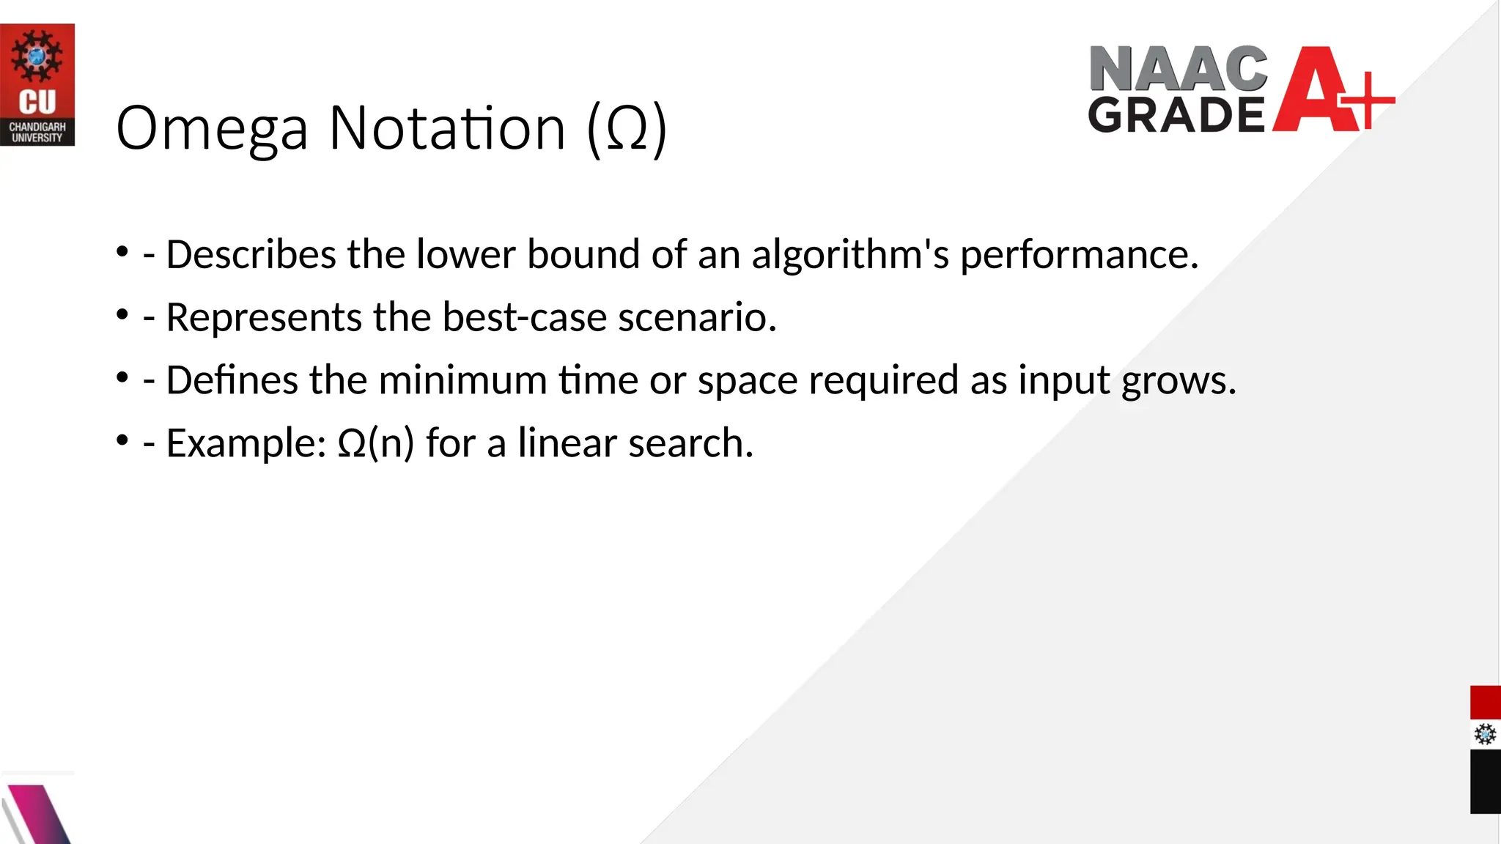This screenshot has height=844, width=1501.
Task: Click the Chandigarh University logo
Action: coord(37,84)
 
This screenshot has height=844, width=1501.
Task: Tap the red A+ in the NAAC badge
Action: coord(1330,90)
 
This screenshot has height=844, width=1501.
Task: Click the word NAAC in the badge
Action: coord(1178,69)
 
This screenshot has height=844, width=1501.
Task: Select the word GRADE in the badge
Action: coord(1176,115)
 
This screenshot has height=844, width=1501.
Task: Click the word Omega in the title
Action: coord(212,129)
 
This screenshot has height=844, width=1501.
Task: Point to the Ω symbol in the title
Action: coord(627,129)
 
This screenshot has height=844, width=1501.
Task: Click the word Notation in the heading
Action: coord(447,129)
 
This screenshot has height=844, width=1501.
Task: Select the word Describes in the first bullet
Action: coord(251,255)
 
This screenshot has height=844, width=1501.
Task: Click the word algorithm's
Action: coord(850,255)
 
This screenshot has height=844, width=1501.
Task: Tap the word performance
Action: coord(1079,255)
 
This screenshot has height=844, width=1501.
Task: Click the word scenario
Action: coord(697,318)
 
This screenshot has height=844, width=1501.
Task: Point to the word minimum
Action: coord(462,381)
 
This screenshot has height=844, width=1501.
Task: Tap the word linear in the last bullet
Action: coord(567,444)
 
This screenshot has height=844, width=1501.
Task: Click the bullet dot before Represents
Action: coord(122,315)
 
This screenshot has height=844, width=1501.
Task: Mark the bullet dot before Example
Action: coord(122,441)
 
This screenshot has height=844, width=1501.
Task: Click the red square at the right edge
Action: coord(1485,703)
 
